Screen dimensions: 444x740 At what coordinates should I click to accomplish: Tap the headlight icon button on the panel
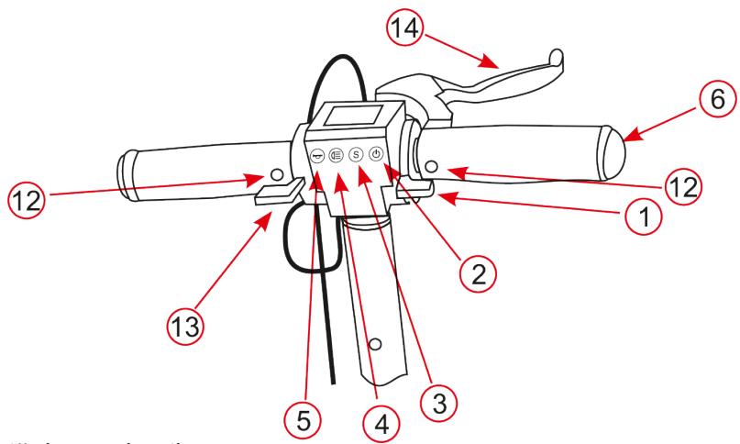click(336, 156)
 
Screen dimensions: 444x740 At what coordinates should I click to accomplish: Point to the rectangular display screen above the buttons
click(332, 118)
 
